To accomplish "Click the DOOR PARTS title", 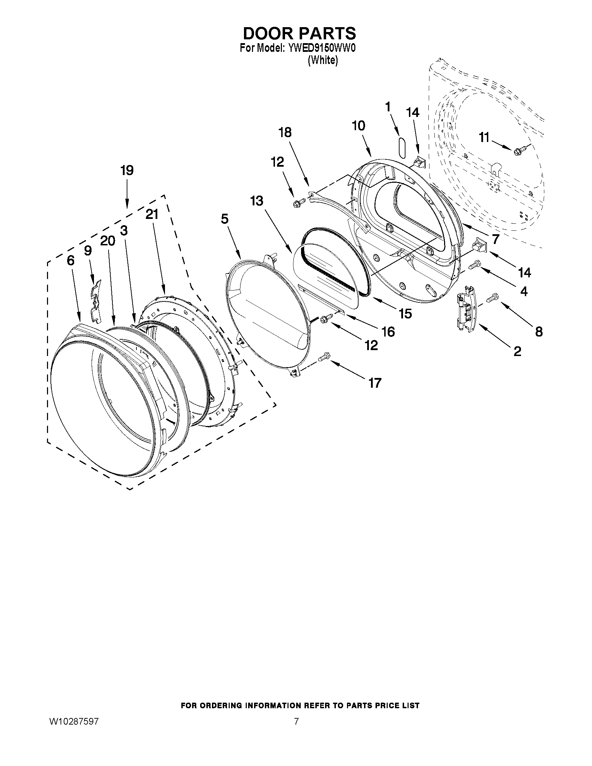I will (299, 34).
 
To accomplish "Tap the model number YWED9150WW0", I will (318, 48).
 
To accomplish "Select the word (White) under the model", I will (323, 61).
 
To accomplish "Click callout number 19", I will (127, 171).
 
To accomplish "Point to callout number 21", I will (152, 214).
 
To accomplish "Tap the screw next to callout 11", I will (517, 151).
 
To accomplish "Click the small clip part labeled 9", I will (94, 298).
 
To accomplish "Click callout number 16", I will (388, 331).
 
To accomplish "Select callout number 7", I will (495, 239).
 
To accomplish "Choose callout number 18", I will (285, 133).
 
